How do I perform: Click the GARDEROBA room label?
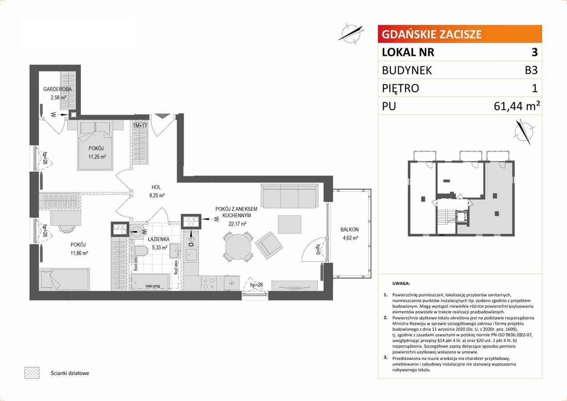pos(57,89)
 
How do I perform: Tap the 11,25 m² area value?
pos(97,157)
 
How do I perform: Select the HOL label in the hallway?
pos(156,187)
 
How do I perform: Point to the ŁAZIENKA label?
pos(159,239)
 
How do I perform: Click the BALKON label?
pos(349,229)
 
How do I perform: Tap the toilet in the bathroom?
pos(141,250)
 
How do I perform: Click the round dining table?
pos(238,246)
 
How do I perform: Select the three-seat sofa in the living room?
pos(290,196)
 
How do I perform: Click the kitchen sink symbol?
pos(192,255)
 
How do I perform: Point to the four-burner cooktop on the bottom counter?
pos(209,283)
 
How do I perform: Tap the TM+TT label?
pos(140,126)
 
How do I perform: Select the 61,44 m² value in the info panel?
pos(517,106)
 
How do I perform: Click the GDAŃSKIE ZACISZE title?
pos(432,34)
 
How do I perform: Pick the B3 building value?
pos(531,70)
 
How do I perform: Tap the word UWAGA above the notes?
pos(401,283)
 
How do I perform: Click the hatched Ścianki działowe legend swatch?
pos(32,373)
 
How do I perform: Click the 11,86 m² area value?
pos(79,253)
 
